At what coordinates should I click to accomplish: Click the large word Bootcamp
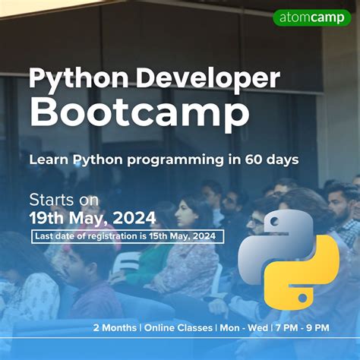click(139, 114)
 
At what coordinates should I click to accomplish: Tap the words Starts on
click(64, 201)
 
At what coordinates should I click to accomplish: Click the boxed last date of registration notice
click(128, 236)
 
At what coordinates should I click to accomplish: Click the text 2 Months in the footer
click(115, 327)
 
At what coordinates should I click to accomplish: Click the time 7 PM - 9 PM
click(302, 327)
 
